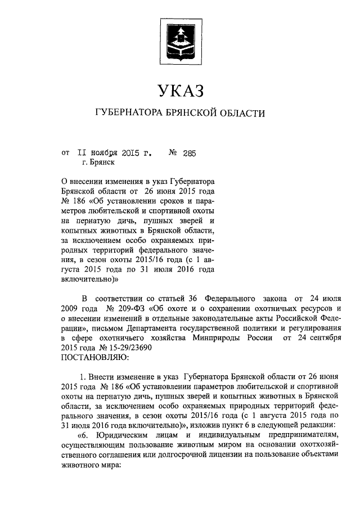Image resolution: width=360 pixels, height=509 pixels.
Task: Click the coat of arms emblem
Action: [x=179, y=40]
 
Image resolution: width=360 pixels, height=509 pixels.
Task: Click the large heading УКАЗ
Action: [x=179, y=90]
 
